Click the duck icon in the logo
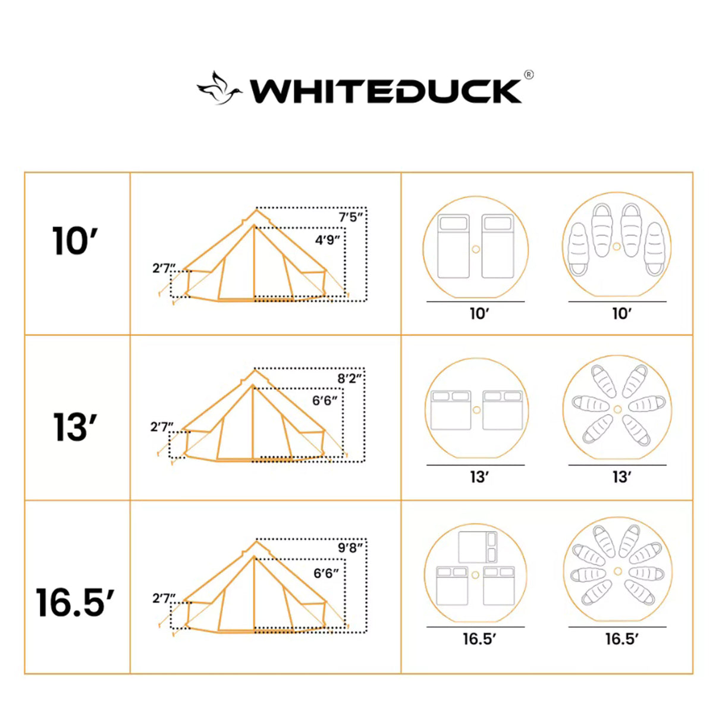pyautogui.click(x=219, y=89)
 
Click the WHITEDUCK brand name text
pyautogui.click(x=385, y=92)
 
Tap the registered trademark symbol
pyautogui.click(x=529, y=75)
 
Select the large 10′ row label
pyautogui.click(x=75, y=241)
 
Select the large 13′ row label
pyautogui.click(x=75, y=428)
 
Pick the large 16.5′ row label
pyautogui.click(x=75, y=602)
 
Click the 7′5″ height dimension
pyautogui.click(x=351, y=217)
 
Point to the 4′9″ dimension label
pyautogui.click(x=327, y=240)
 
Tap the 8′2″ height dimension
pyautogui.click(x=350, y=378)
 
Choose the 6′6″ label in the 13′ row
pyautogui.click(x=325, y=401)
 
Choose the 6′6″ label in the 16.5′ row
pyautogui.click(x=326, y=573)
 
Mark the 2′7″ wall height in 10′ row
pyautogui.click(x=164, y=268)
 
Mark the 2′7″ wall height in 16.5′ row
pyautogui.click(x=164, y=598)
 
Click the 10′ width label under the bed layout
pyautogui.click(x=479, y=313)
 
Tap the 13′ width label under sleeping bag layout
pyautogui.click(x=621, y=477)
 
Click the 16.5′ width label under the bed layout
pyautogui.click(x=479, y=639)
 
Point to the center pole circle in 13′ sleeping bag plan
pyautogui.click(x=617, y=409)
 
